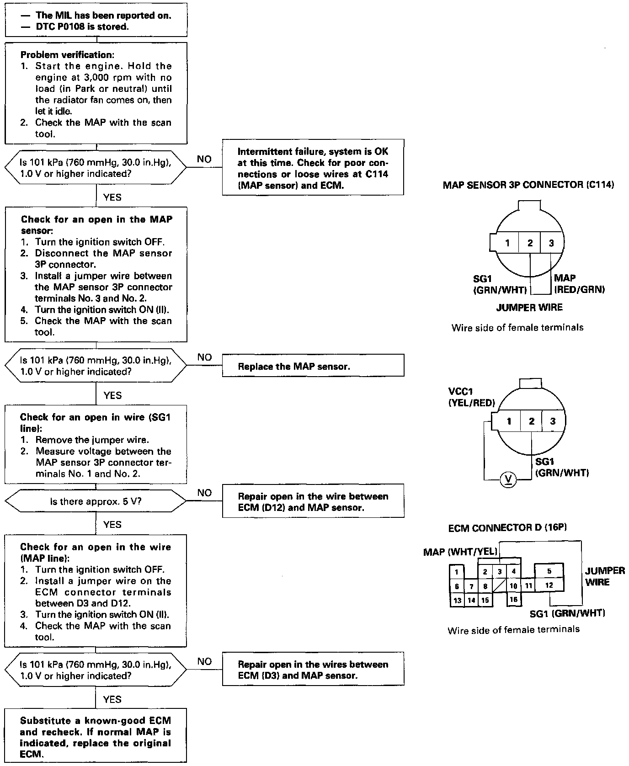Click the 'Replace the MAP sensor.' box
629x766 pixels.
coord(313,366)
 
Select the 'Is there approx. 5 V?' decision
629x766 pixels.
coord(96,501)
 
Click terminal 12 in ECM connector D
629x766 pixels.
coord(549,585)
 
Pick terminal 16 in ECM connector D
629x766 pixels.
coord(514,600)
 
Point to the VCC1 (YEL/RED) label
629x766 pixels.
coord(472,397)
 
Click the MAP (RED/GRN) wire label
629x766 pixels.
coord(579,283)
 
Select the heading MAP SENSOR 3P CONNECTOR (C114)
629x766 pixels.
coord(528,185)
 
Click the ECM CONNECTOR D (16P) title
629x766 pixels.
coord(507,528)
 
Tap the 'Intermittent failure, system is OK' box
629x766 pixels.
coord(313,168)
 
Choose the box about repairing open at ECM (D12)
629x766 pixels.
coord(313,501)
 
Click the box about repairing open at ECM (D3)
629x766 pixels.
coord(313,670)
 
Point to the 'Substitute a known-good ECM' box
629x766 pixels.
coord(96,737)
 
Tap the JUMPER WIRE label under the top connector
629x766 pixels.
coord(529,307)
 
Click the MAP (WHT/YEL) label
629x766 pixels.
coord(460,552)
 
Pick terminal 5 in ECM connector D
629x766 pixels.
coord(549,571)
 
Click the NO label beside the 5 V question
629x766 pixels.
coord(204,493)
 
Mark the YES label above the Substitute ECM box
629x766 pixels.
coord(112,699)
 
